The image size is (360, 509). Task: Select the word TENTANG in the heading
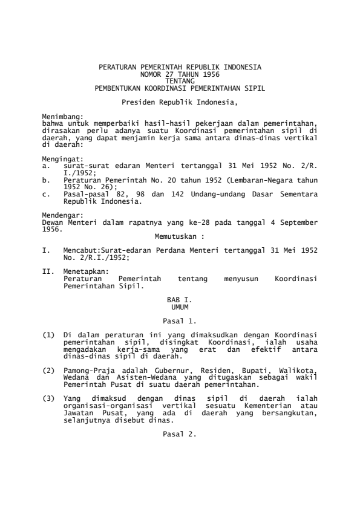180,79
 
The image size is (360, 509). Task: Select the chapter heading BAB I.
180,300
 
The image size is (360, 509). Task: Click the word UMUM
180,307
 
